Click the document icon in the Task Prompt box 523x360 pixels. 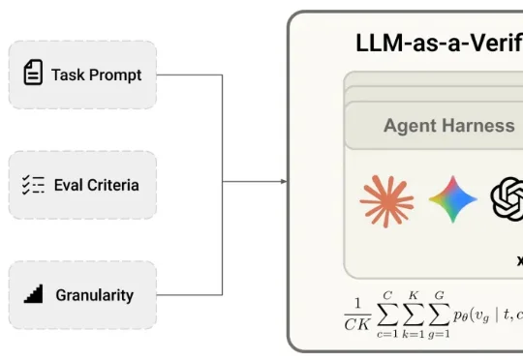(x=33, y=75)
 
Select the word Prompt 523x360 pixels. (x=114, y=75)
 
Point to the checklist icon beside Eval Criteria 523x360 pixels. (x=33, y=185)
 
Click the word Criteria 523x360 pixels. (x=110, y=185)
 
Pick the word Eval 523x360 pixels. (x=66, y=185)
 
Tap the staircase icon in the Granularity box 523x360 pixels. (x=33, y=294)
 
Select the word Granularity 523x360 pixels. (x=94, y=294)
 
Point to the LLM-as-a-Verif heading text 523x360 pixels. (x=439, y=43)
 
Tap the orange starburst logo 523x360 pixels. (x=385, y=200)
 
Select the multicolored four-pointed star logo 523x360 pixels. (x=453, y=200)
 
